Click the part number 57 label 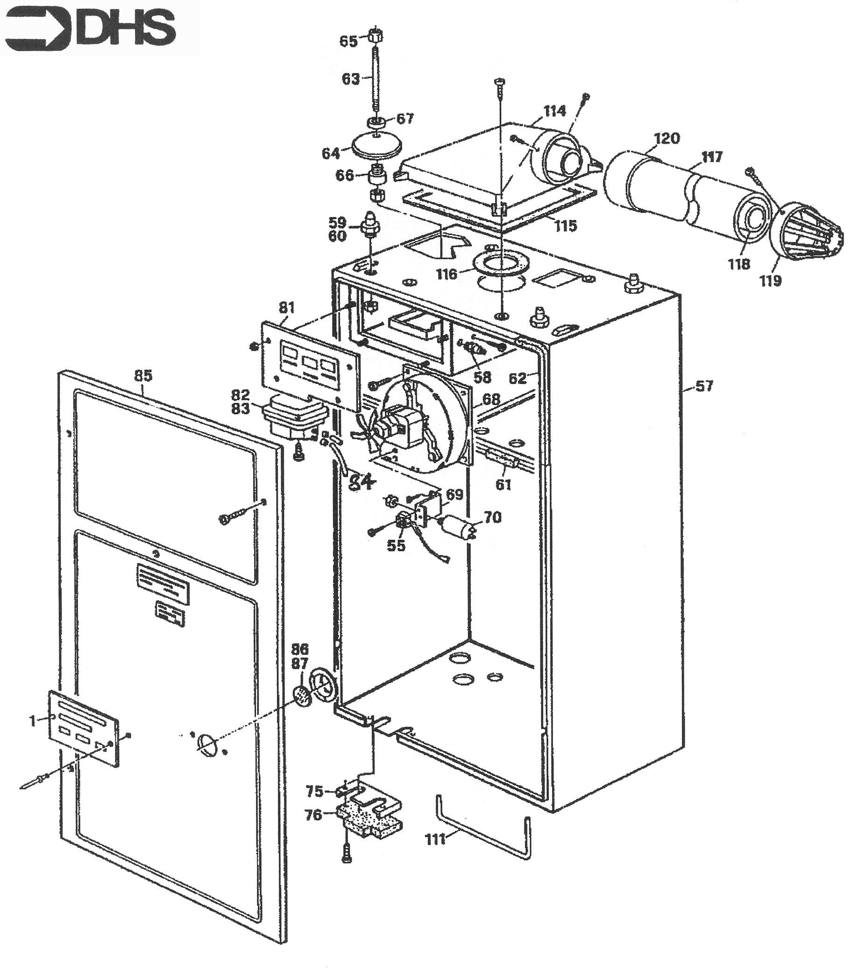click(x=704, y=386)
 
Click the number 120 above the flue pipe click(x=667, y=138)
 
